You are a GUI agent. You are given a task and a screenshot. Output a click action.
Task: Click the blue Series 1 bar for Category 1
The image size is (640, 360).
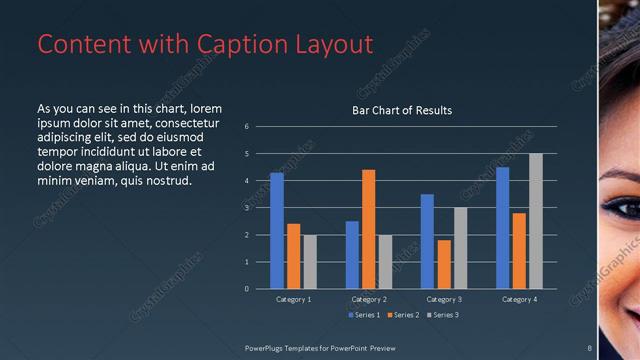[277, 231]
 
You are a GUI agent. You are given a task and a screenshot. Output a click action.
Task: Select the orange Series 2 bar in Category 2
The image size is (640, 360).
[369, 229]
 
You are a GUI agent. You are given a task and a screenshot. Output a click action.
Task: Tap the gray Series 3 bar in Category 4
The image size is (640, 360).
[536, 221]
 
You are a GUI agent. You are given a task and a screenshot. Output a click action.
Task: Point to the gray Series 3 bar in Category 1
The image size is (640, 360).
[310, 262]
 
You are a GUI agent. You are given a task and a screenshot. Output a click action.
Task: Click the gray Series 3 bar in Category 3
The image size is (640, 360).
[460, 248]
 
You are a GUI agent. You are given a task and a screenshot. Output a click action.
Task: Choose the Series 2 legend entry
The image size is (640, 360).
[404, 316]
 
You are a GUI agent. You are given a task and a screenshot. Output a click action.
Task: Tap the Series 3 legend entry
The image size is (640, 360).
[444, 316]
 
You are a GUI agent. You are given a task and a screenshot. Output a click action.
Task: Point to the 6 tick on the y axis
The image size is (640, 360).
[246, 127]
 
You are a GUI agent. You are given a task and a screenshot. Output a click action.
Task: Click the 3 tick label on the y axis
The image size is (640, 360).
[246, 208]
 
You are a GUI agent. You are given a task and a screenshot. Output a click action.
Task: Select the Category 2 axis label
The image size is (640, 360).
[369, 299]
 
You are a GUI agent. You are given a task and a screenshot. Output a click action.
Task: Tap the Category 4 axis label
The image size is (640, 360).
[519, 299]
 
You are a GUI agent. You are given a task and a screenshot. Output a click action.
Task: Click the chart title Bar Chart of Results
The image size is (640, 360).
[402, 110]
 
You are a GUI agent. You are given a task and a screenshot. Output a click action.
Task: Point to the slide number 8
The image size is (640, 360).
[590, 347]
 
